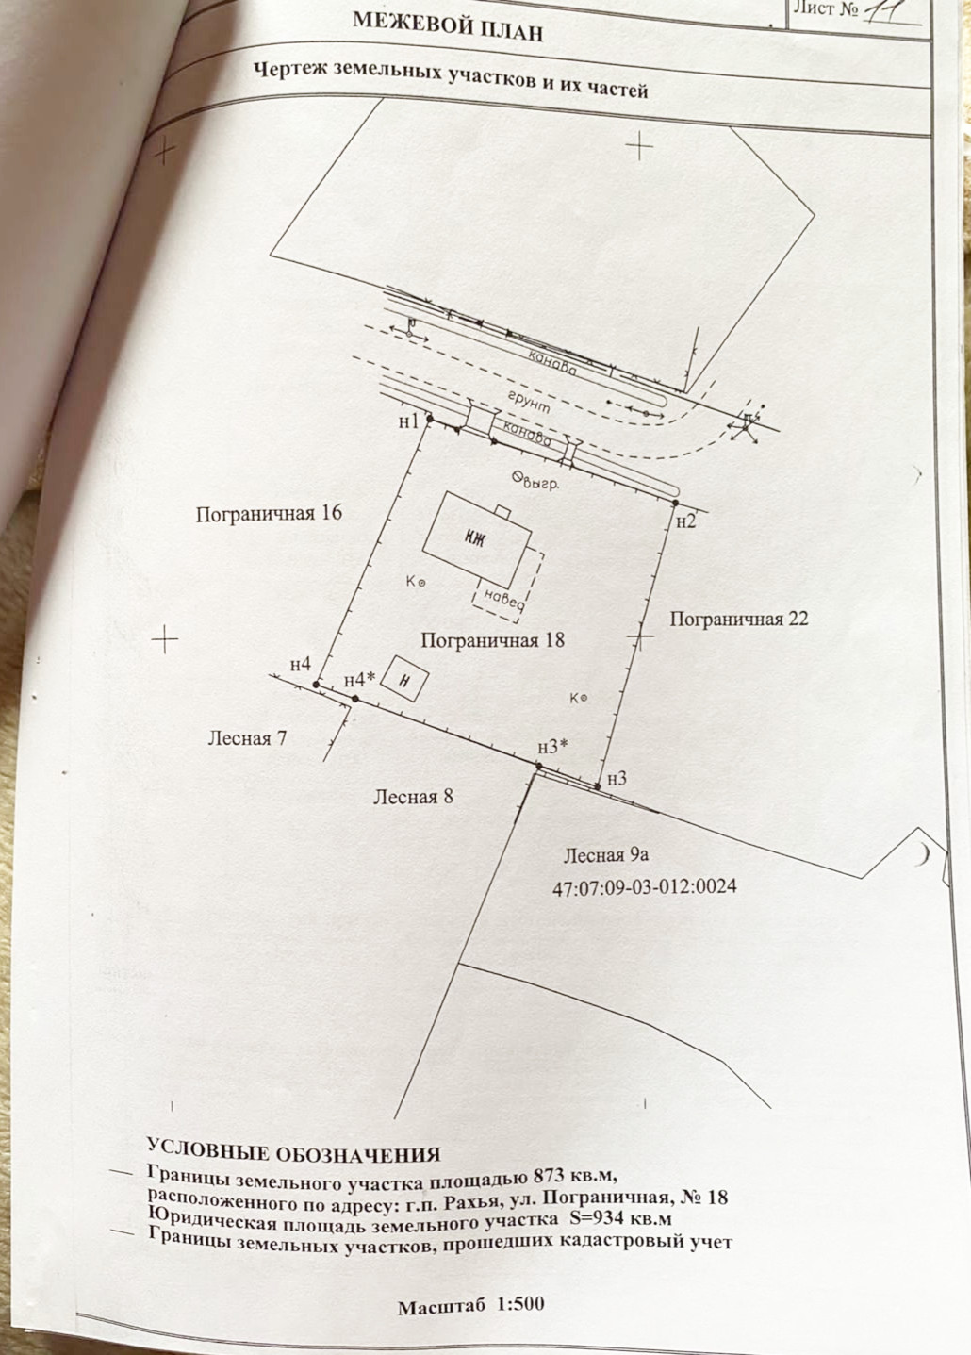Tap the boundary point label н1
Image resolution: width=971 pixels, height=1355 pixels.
(408, 421)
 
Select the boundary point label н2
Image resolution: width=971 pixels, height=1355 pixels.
(685, 521)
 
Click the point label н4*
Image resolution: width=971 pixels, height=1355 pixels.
(360, 680)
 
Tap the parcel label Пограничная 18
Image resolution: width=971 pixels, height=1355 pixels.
(492, 640)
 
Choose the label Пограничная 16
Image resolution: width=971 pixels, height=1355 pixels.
(269, 514)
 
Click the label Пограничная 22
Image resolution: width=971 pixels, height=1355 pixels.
(739, 620)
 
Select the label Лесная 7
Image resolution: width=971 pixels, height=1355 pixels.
(247, 738)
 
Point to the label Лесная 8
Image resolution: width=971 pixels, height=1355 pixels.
(413, 797)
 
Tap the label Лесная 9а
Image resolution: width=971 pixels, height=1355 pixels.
(607, 856)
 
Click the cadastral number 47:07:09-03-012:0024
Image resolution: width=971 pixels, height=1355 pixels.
(644, 887)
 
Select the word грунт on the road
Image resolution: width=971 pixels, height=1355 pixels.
(529, 402)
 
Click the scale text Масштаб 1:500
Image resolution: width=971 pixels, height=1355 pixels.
(470, 1307)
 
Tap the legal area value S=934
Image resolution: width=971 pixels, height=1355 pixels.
(599, 1217)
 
